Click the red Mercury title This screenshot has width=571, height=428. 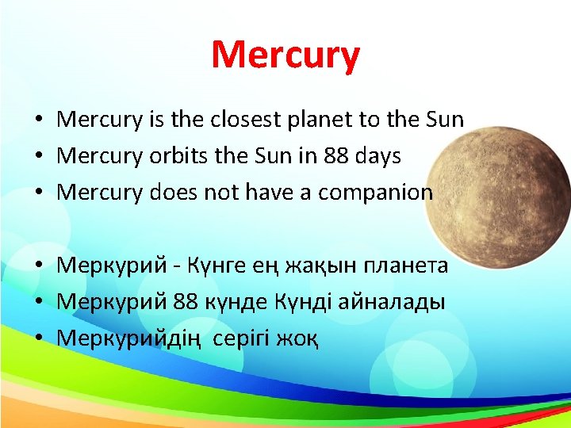pyautogui.click(x=285, y=55)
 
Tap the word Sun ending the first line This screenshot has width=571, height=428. pyautogui.click(x=444, y=120)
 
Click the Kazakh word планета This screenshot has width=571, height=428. pyautogui.click(x=405, y=266)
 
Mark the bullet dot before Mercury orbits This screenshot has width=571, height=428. pyautogui.click(x=37, y=157)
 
